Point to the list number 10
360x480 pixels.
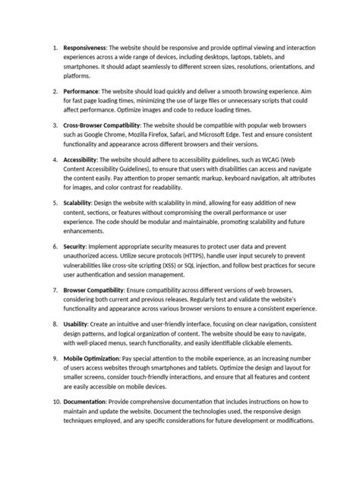[55, 399]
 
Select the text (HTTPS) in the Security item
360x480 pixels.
[218, 257]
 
